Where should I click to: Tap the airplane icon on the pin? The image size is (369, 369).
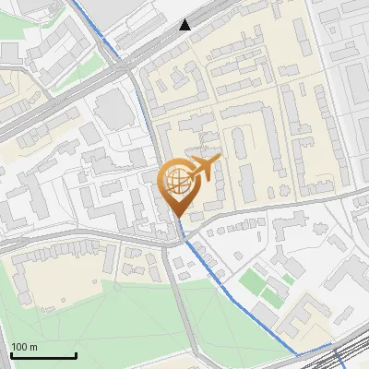(204, 169)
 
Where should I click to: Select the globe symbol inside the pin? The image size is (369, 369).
(176, 179)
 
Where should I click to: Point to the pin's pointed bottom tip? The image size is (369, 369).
(177, 217)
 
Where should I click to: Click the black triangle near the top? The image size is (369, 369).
(185, 25)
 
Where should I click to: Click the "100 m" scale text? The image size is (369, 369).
(25, 347)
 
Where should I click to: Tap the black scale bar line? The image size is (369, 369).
(42, 356)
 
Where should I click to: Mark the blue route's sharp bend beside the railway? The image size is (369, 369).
(297, 353)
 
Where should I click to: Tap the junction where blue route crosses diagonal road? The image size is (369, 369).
(121, 65)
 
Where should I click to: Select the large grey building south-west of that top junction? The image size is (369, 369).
(112, 109)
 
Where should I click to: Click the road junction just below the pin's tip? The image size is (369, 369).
(177, 238)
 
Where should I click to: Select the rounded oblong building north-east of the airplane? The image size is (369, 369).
(238, 140)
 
